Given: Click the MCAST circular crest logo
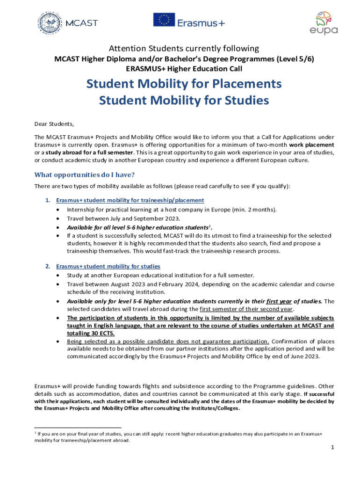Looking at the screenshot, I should pyautogui.click(x=48, y=22).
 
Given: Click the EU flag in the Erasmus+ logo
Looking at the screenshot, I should pyautogui.click(x=164, y=20).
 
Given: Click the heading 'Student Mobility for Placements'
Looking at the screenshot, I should pyautogui.click(x=184, y=84).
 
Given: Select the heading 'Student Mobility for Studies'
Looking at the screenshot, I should pyautogui.click(x=184, y=101).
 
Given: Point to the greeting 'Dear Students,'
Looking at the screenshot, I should pyautogui.click(x=54, y=124).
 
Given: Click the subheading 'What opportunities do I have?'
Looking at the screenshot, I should pyautogui.click(x=85, y=175).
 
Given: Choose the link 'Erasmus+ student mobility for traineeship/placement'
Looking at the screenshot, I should pyautogui.click(x=130, y=200).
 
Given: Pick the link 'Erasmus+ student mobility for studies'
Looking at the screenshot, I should pyautogui.click(x=108, y=266).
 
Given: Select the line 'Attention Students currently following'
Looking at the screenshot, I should pyautogui.click(x=184, y=49).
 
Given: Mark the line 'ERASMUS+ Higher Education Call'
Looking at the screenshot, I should pyautogui.click(x=184, y=69).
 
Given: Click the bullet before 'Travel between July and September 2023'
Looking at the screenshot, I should pyautogui.click(x=58, y=218).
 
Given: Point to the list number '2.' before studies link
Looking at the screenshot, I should pyautogui.click(x=48, y=266).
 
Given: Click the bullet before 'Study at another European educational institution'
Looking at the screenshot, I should pyautogui.click(x=58, y=275).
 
